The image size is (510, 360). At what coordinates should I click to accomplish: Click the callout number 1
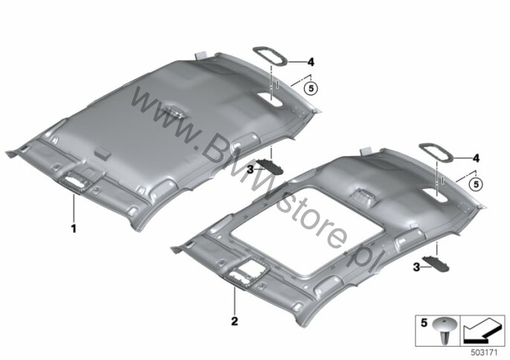coord(74,228)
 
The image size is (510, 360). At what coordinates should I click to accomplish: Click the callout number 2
coord(234,321)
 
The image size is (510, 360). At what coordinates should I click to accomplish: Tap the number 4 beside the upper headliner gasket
coord(312,62)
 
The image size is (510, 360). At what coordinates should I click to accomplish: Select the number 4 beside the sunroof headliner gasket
coord(476,158)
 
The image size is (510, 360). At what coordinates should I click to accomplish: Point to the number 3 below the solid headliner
coord(250,170)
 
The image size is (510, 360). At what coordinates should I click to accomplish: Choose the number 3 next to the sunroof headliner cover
coord(416,268)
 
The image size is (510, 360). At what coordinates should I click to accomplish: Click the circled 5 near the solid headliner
coord(312,89)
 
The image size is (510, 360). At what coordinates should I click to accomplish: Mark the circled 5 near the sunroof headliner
coord(476,184)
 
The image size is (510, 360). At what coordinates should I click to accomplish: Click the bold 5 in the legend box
coord(424,323)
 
